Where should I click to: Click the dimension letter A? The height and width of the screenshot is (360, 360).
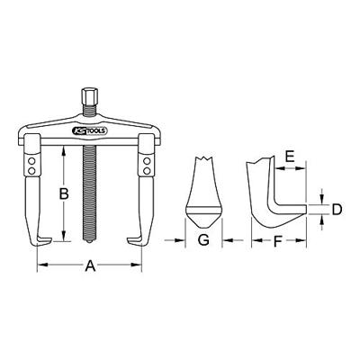[90, 265]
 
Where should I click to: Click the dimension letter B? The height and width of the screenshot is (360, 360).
[63, 193]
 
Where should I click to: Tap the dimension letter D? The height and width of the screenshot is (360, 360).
[337, 210]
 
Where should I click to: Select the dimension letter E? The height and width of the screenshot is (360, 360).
[290, 157]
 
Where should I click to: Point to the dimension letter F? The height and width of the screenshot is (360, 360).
[278, 240]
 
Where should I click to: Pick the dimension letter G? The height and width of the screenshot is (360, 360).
[203, 240]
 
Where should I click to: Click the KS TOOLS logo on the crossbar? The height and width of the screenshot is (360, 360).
[89, 130]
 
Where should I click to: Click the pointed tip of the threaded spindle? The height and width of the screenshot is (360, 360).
[89, 241]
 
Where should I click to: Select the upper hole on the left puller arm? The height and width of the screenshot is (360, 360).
[31, 161]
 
